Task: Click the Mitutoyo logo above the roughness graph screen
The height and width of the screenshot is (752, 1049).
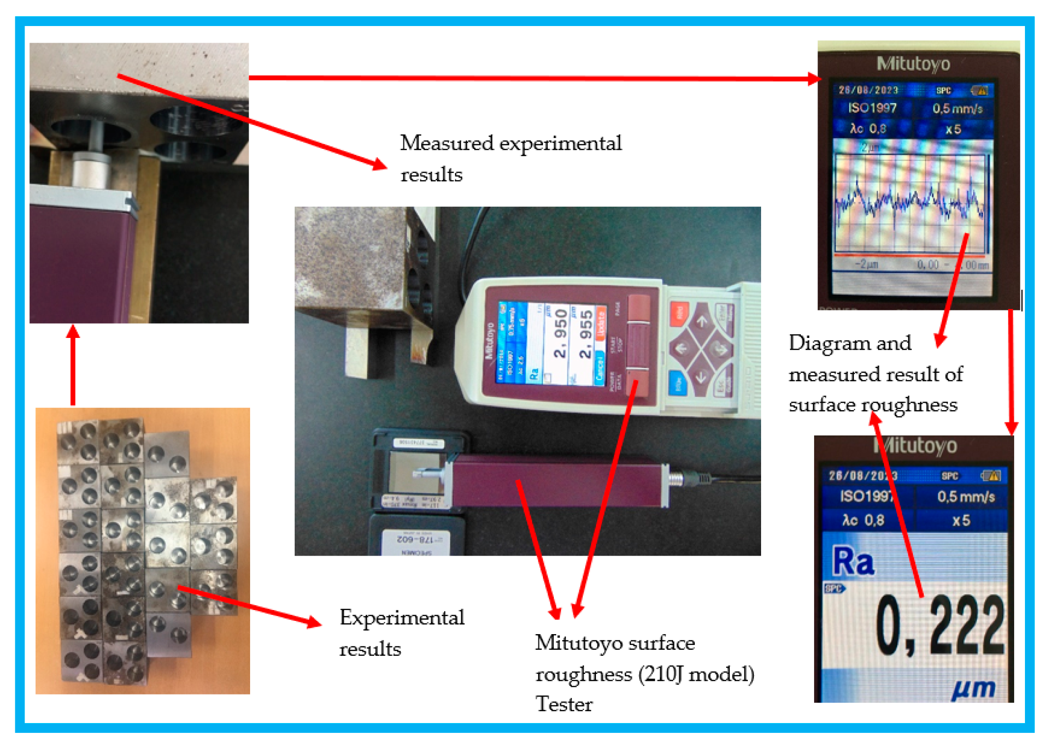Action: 913,64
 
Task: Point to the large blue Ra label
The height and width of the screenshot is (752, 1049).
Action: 853,562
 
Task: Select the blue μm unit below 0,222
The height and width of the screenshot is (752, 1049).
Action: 973,688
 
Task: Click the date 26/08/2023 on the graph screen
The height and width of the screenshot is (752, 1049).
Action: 868,90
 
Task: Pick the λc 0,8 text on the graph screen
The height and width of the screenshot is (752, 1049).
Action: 868,129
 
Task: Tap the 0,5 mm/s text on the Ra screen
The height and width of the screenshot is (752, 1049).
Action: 965,497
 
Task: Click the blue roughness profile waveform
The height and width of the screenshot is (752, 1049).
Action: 909,201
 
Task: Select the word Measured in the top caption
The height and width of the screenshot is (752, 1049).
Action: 447,143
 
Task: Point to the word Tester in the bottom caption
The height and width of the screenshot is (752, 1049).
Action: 564,704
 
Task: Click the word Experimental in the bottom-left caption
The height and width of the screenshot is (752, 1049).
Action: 401,618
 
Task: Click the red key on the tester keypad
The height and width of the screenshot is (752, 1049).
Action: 679,312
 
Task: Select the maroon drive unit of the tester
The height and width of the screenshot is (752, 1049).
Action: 555,479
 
